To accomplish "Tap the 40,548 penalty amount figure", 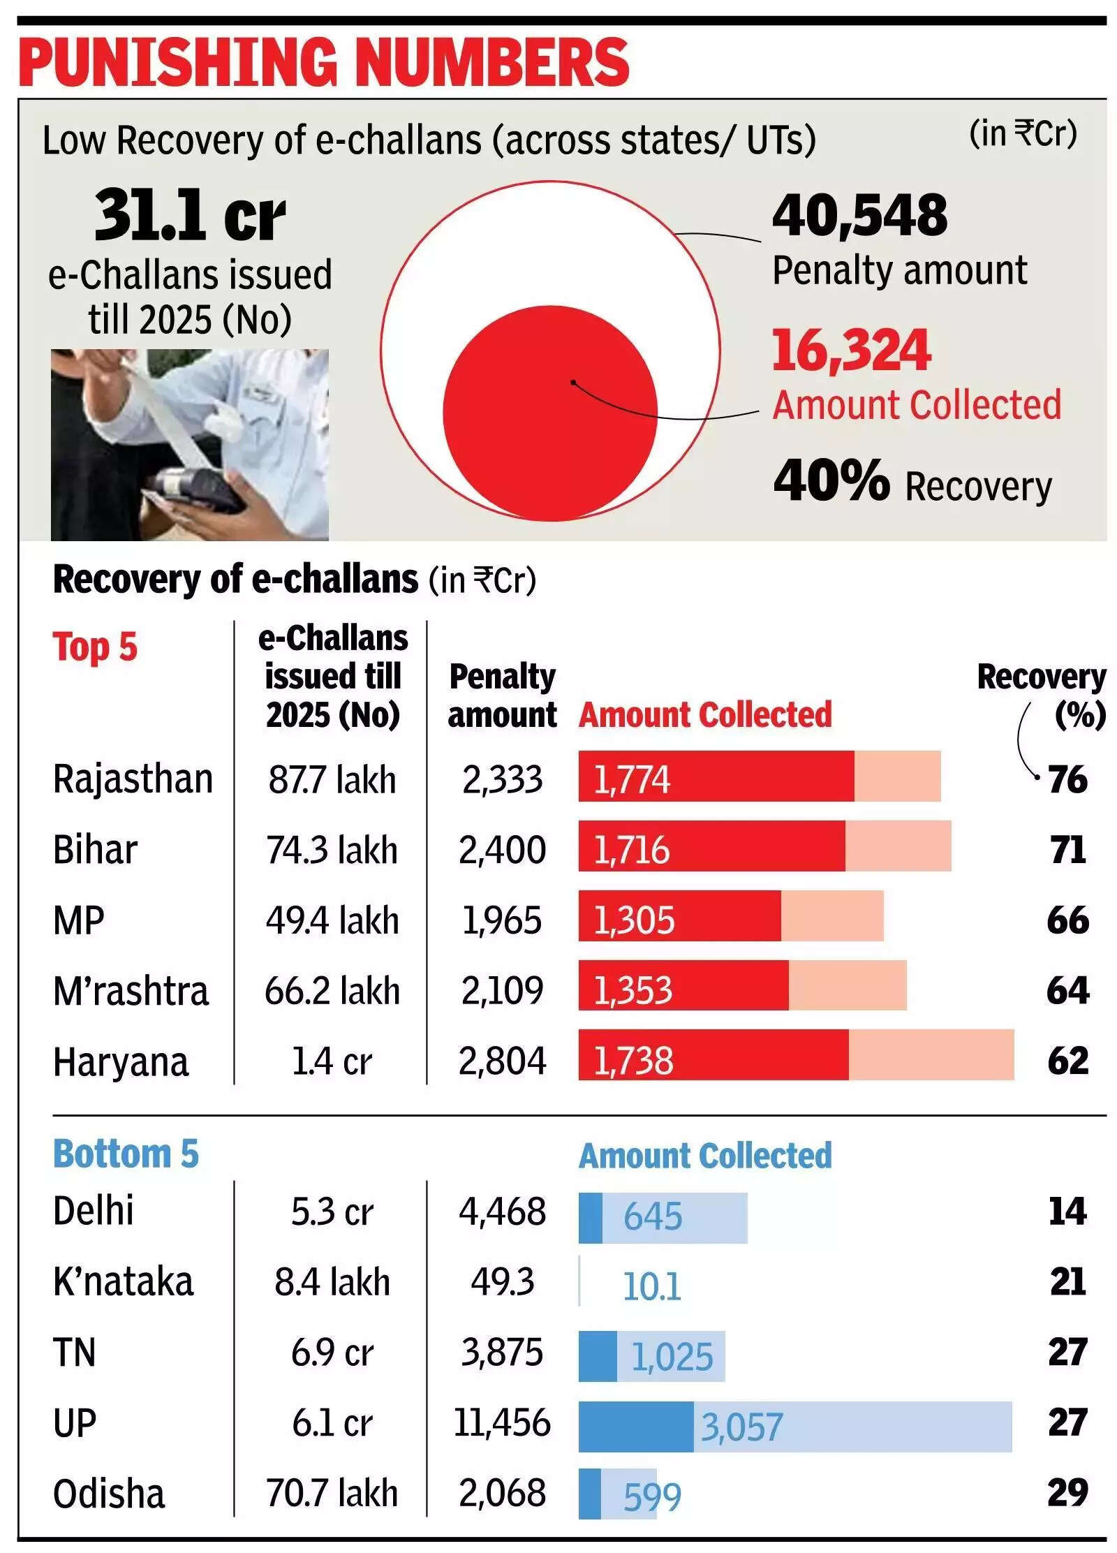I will point(859,215).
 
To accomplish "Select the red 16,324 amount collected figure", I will point(851,350).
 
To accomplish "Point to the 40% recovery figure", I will point(831,480).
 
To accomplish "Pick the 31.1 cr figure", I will point(190,215).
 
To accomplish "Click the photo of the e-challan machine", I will point(189,445).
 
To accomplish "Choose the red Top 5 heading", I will point(95,647).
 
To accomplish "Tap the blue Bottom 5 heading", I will point(126,1154).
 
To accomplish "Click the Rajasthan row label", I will point(133,779).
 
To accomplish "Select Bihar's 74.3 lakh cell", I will point(332,850).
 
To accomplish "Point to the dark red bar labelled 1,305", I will point(679,915).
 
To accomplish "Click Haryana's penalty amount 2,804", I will point(502,1061).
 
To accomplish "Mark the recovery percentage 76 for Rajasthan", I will point(1067,779).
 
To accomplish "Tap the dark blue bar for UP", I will point(635,1426).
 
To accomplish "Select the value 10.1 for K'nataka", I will point(651,1286).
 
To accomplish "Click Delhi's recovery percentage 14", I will point(1067,1212).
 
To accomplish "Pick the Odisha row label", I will point(109,1494).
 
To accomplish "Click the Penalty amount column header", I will point(502,695).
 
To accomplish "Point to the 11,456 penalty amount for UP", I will point(502,1423).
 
